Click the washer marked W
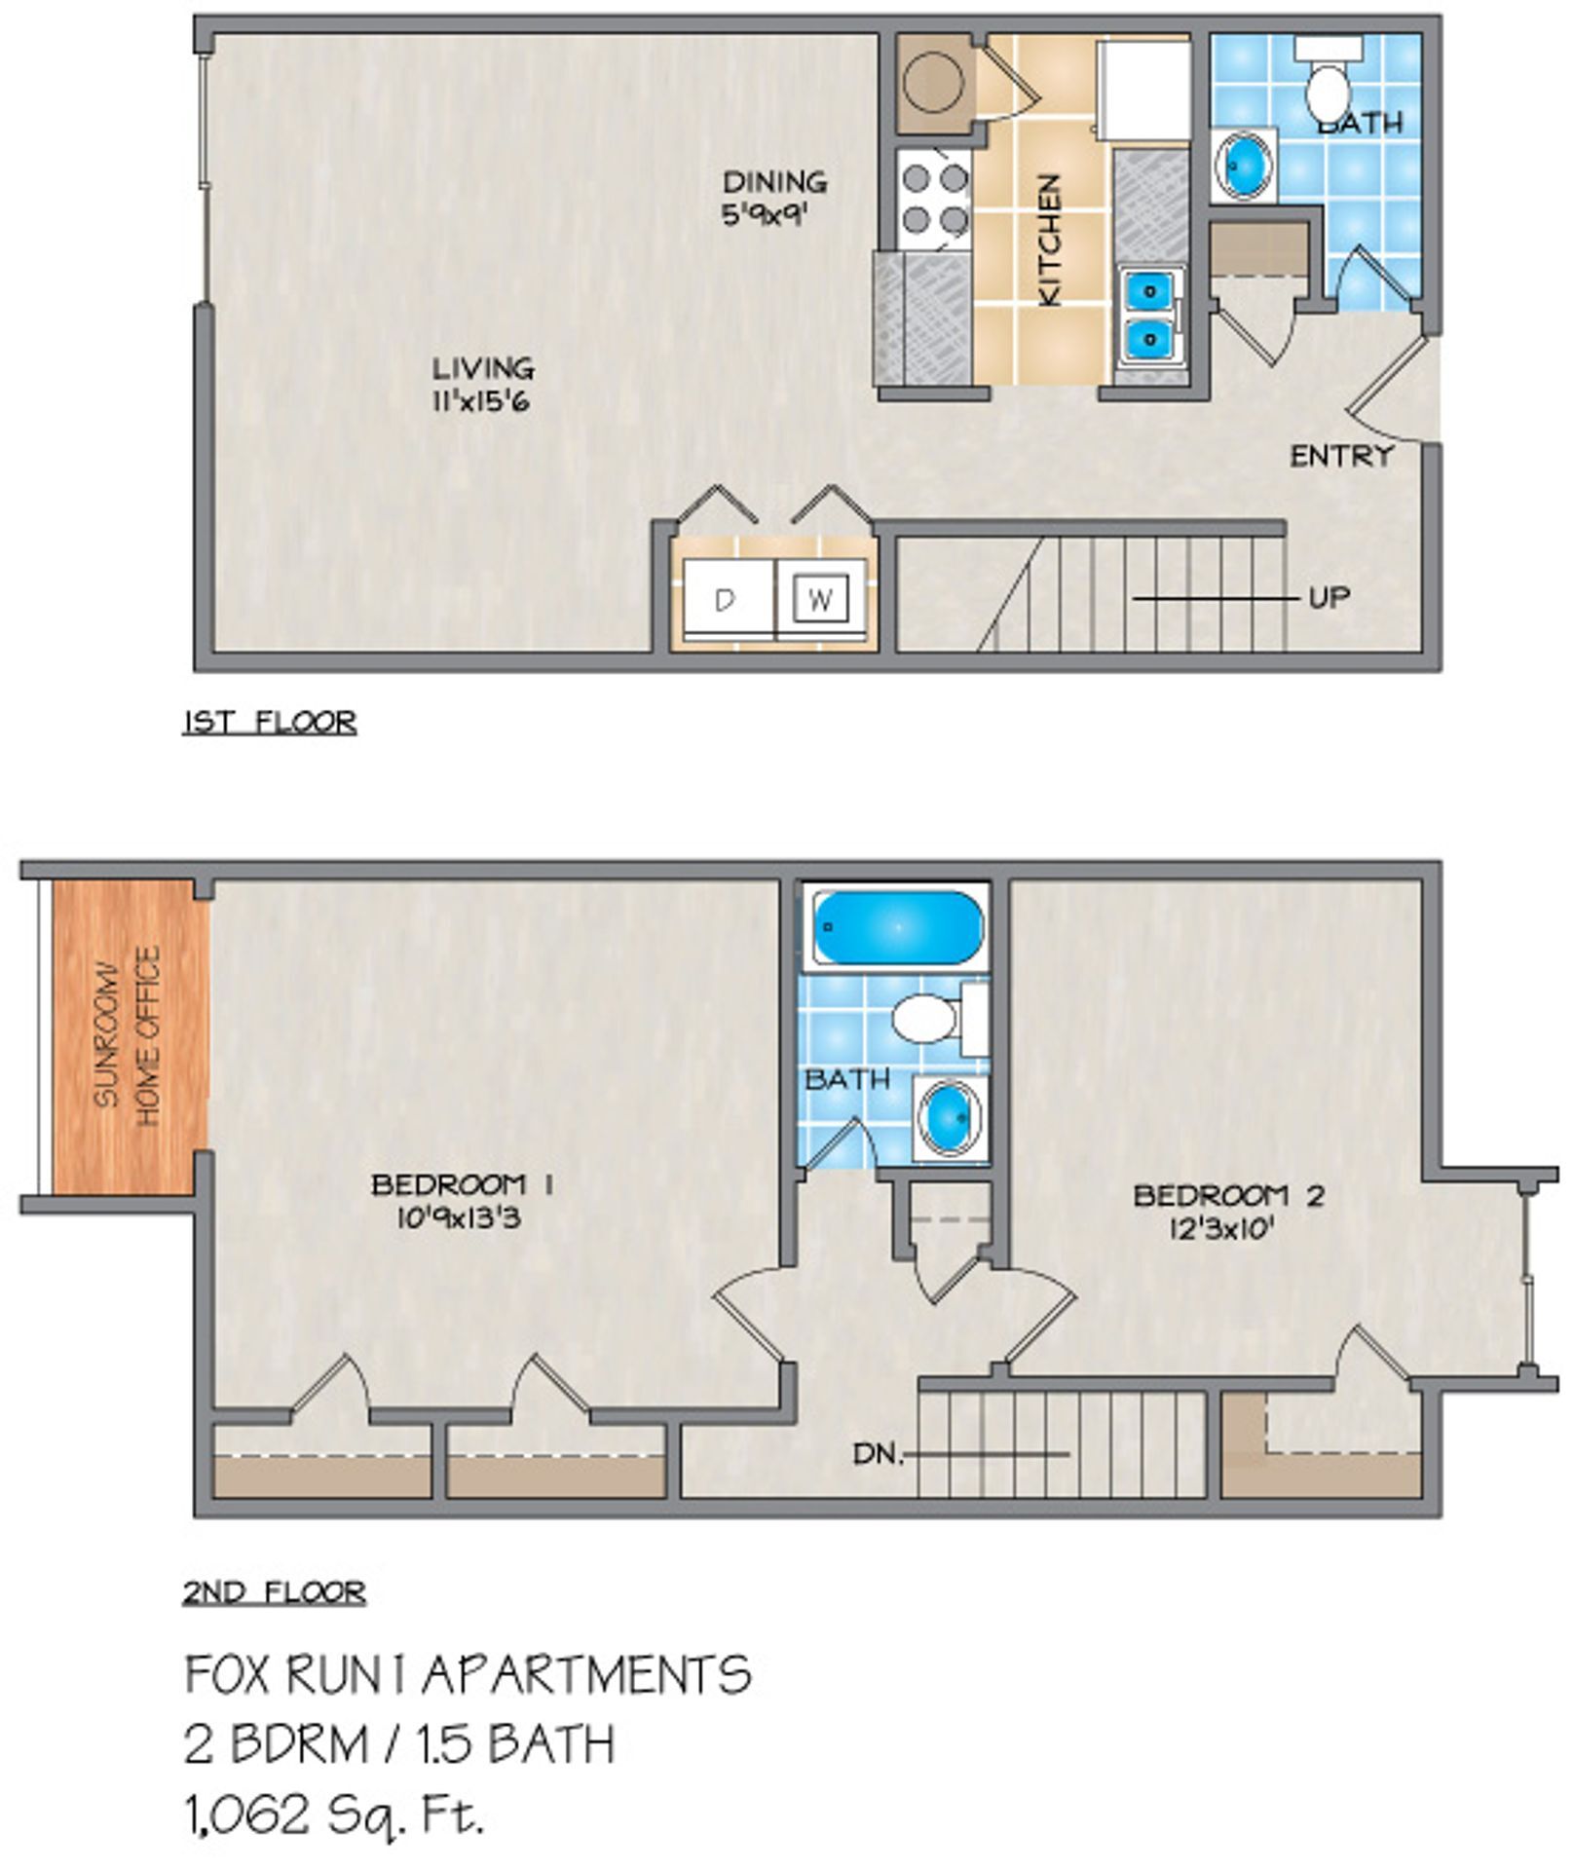[x=820, y=599]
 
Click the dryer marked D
[x=726, y=599]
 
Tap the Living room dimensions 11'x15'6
[x=481, y=401]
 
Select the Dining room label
[x=774, y=182]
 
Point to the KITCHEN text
[x=1049, y=241]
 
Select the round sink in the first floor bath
[x=1245, y=166]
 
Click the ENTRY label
[x=1341, y=456]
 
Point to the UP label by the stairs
[x=1330, y=597]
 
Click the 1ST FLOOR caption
[x=270, y=723]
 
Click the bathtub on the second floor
[x=897, y=926]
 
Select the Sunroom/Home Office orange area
[x=131, y=1035]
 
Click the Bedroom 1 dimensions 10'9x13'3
[x=458, y=1217]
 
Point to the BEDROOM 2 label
[x=1228, y=1195]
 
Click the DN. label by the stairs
[x=878, y=1454]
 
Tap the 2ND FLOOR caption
[x=274, y=1593]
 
